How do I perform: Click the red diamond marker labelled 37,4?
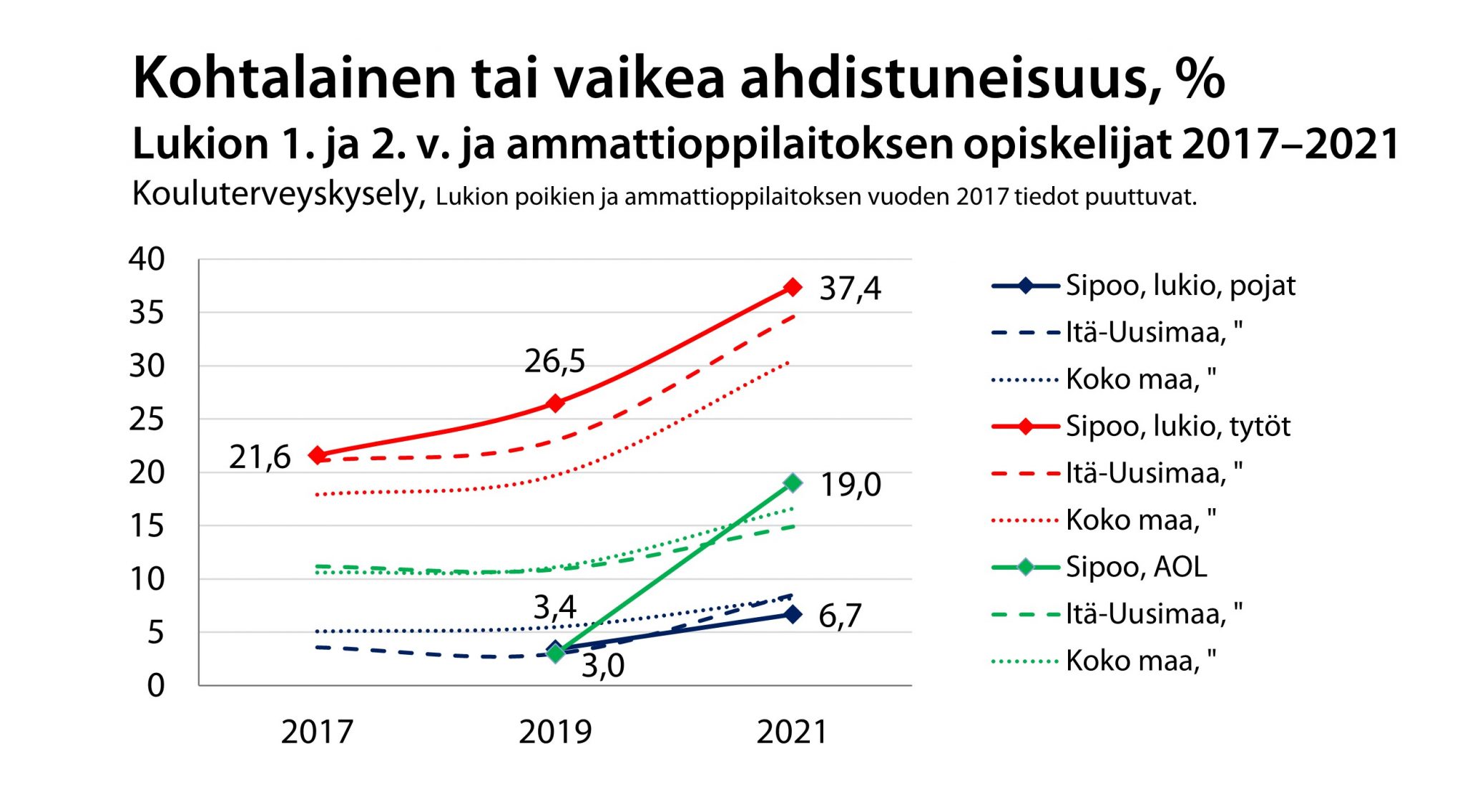[x=792, y=287]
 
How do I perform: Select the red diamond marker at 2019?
[x=555, y=403]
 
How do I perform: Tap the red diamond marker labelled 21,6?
[x=318, y=455]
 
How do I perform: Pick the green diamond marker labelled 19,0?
[x=793, y=483]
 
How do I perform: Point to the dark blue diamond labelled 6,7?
[x=793, y=614]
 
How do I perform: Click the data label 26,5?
[x=554, y=361]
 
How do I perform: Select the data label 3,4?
[x=554, y=608]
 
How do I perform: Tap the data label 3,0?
[x=603, y=666]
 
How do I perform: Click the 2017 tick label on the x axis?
[x=317, y=732]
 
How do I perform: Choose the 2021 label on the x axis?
[x=792, y=732]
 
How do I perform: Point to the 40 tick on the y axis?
[x=147, y=259]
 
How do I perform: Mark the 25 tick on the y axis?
[x=147, y=419]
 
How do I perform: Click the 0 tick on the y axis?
[x=156, y=686]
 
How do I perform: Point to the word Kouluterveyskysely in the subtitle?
[x=279, y=193]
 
